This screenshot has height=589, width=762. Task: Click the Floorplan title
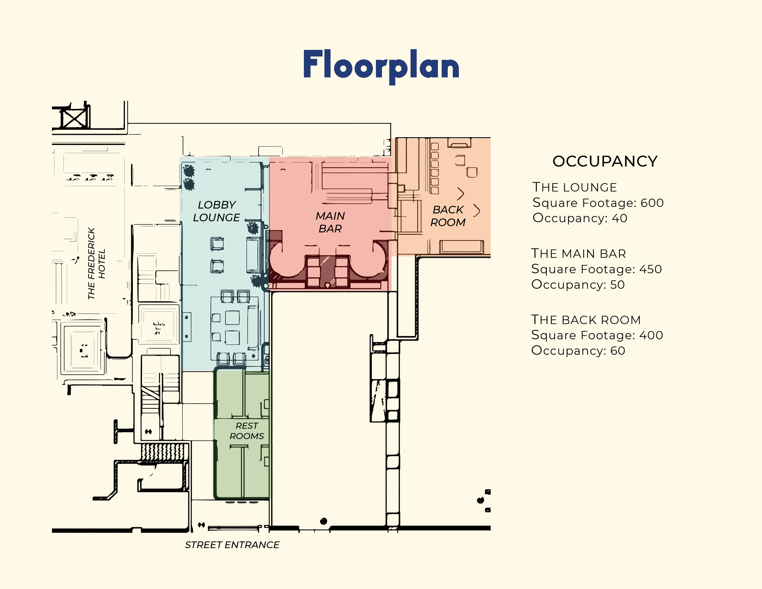click(381, 66)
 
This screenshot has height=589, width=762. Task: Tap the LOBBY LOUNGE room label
click(216, 211)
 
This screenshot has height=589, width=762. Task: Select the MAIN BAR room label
click(330, 222)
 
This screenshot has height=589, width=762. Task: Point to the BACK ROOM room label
click(448, 216)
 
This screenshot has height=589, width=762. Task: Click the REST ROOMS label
click(247, 431)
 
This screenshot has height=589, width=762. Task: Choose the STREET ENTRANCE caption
click(232, 545)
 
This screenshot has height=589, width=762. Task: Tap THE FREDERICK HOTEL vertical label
click(96, 263)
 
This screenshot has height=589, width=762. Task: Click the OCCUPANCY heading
click(605, 161)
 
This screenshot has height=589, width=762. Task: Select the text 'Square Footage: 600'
click(598, 203)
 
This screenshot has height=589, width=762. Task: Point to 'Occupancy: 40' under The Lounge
click(580, 218)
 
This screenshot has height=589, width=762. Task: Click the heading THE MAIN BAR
click(579, 253)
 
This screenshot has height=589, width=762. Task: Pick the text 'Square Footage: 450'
click(596, 269)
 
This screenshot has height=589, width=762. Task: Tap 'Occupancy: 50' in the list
click(578, 284)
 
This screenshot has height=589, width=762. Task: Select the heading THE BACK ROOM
click(586, 319)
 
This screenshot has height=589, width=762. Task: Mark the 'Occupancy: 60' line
click(578, 350)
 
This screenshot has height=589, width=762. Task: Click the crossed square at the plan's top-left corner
click(74, 118)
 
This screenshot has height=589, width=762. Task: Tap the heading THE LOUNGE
click(575, 187)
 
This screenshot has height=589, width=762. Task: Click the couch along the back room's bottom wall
click(461, 247)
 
